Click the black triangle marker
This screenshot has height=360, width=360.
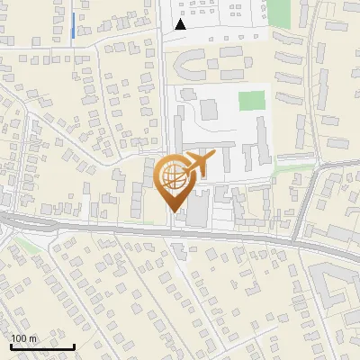[182, 24]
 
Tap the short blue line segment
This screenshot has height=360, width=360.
[72, 26]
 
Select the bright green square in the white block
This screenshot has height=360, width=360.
[252, 100]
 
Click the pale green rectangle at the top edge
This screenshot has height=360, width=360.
[279, 13]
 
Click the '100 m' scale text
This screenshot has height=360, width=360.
[24, 338]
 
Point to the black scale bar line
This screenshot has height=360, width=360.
[42, 346]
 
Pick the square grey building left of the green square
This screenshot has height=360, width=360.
[209, 109]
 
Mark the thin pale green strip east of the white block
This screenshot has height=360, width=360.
[292, 167]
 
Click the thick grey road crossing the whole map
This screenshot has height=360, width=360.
[135, 229]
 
